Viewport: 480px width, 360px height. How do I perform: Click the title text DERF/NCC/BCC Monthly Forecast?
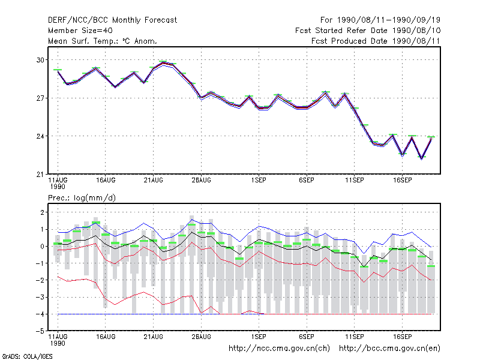(112, 20)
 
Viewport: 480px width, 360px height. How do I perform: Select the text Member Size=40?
(80, 31)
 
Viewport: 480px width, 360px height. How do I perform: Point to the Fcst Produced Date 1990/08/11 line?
(376, 41)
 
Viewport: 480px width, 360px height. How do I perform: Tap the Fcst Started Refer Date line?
(368, 31)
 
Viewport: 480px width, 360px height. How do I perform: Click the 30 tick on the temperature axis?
(40, 60)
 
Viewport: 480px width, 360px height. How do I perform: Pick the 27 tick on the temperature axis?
(40, 98)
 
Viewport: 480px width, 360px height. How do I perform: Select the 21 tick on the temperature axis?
(40, 175)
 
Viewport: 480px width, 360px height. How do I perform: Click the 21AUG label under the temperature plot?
(154, 181)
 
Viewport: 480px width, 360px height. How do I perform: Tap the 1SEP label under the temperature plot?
(259, 181)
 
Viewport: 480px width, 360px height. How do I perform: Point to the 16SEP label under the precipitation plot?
(402, 337)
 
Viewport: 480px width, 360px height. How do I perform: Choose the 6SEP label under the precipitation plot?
(307, 337)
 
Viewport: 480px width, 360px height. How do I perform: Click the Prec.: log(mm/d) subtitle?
(82, 198)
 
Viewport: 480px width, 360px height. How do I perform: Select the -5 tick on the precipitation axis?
(40, 331)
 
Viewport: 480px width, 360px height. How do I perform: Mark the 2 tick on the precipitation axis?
(42, 212)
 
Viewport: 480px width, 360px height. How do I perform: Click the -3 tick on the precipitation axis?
(40, 297)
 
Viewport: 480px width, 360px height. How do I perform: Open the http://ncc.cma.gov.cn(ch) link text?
(279, 349)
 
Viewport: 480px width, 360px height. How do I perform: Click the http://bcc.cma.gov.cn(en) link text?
(389, 349)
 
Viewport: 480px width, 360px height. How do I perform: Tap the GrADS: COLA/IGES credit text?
(27, 356)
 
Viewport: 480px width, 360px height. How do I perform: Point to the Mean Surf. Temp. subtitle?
(103, 41)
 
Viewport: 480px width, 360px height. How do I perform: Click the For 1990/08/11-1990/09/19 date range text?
(380, 20)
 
